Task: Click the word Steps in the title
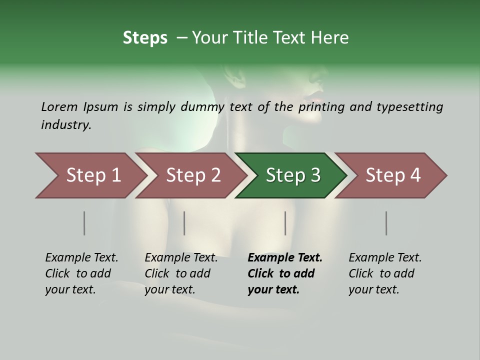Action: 145,38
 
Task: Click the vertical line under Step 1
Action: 84,223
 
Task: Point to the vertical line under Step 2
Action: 184,223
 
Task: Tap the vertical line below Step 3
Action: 285,223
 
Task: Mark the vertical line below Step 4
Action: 386,223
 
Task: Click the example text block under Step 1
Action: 81,273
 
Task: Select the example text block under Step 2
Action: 181,273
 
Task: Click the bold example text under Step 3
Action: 284,273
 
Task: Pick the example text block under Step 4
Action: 385,273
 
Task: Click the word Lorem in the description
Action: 59,107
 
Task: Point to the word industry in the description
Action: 66,125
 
